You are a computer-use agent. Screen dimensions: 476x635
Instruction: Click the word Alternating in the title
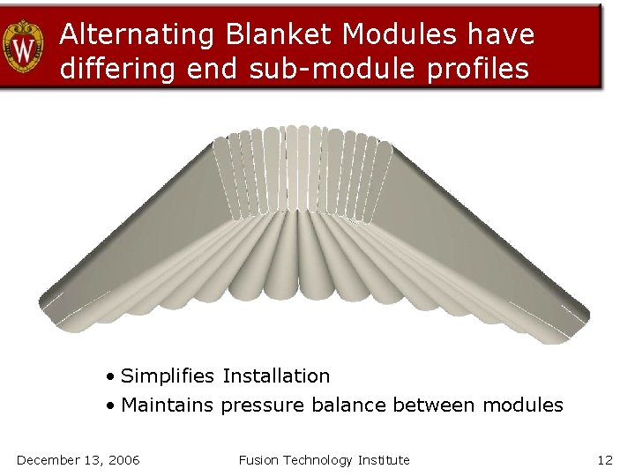click(x=138, y=34)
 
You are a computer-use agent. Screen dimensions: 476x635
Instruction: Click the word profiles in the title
click(x=477, y=69)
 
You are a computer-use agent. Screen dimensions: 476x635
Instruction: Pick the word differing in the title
click(x=119, y=69)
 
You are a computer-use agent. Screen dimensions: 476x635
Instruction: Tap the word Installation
click(x=276, y=376)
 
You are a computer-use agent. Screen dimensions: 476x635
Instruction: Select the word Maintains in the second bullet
click(x=168, y=405)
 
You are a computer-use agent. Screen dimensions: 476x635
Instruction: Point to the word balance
click(x=346, y=405)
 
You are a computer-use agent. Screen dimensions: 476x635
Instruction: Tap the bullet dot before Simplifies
click(x=109, y=377)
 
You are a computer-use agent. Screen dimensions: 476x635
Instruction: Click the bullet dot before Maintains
click(x=109, y=406)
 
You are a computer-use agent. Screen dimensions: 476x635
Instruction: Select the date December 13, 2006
click(x=78, y=459)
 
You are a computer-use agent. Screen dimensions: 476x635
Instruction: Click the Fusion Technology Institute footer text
click(x=324, y=459)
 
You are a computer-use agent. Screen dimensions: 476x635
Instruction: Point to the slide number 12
click(x=604, y=459)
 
